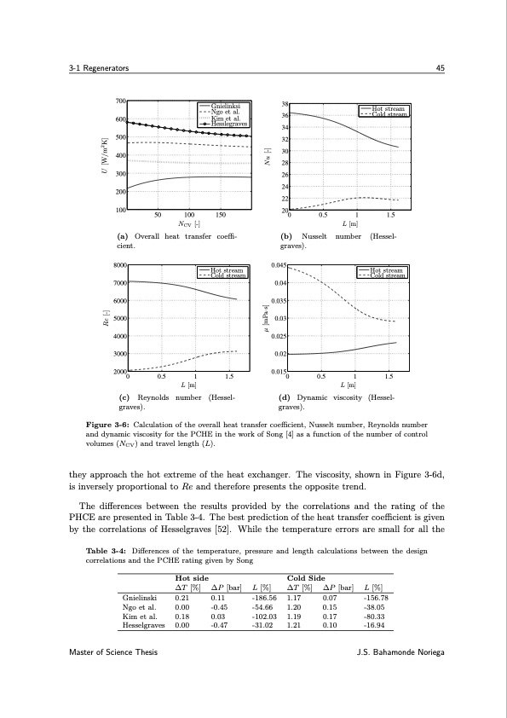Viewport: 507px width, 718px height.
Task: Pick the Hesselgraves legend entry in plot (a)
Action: coord(229,124)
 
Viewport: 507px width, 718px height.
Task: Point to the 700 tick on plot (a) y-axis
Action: coord(120,101)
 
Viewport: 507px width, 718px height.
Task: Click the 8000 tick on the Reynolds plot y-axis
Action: coord(118,265)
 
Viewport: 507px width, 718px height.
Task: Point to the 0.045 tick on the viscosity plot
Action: coord(278,265)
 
